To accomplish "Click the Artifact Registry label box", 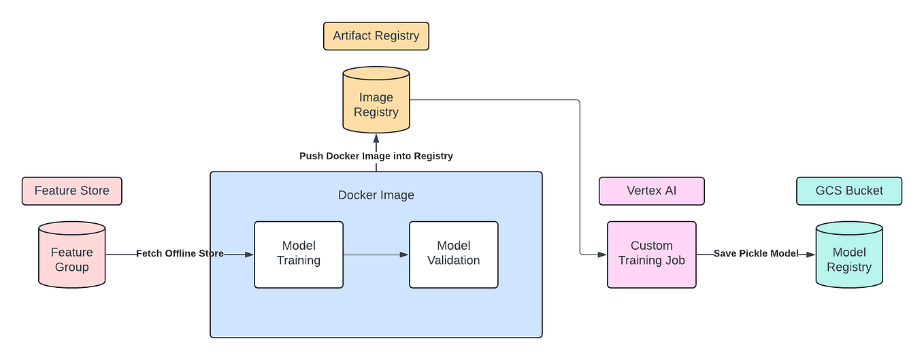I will [376, 36].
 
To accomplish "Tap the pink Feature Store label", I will [71, 191].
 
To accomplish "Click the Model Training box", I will [299, 254].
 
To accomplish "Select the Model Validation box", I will [453, 254].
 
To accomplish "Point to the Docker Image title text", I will [376, 195].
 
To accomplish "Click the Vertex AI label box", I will [651, 191].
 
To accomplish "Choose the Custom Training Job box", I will [651, 254].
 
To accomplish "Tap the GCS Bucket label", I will [848, 191].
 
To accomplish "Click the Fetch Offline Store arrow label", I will [180, 254].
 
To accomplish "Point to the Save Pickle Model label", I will [755, 254].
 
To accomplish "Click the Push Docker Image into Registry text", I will [376, 156].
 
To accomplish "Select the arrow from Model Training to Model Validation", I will [376, 255].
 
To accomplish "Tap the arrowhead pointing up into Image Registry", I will [376, 138].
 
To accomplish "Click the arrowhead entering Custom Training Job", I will [602, 255].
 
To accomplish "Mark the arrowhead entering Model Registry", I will [810, 255].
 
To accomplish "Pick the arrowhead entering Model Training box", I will [249, 255].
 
